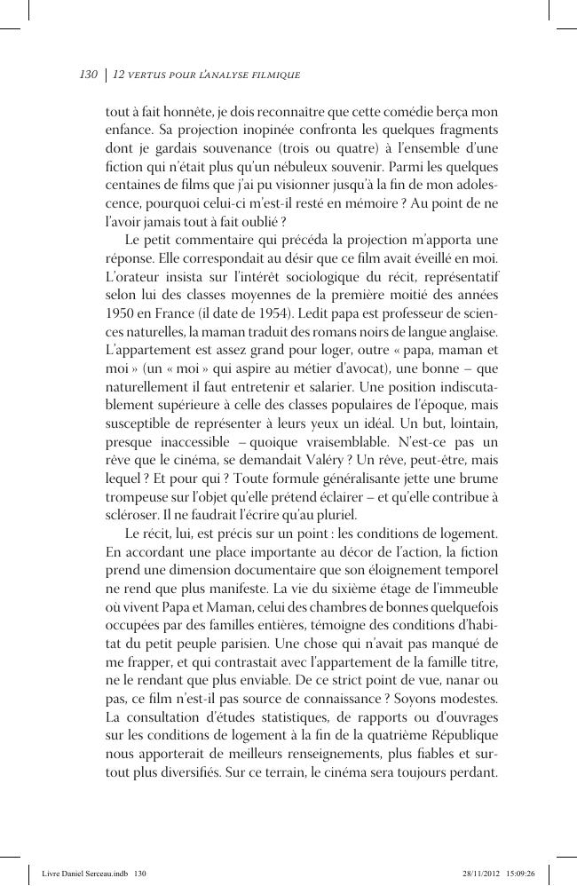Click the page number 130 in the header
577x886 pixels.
pyautogui.click(x=88, y=75)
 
